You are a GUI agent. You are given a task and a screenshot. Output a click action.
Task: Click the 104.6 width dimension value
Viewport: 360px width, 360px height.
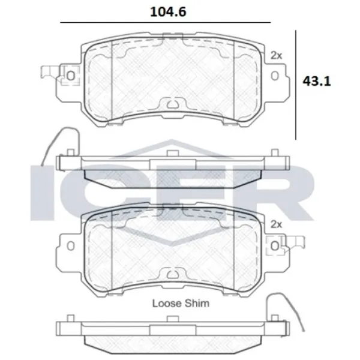(168, 12)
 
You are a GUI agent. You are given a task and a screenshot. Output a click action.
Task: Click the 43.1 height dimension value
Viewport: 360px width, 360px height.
(317, 81)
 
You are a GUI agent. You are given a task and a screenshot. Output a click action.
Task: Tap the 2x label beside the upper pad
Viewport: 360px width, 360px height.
(276, 55)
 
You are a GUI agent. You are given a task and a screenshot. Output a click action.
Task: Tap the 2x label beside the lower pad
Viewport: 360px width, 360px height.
(276, 224)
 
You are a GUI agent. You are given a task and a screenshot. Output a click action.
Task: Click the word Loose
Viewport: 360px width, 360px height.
(167, 303)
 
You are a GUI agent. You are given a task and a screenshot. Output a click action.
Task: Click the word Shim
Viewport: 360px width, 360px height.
(197, 303)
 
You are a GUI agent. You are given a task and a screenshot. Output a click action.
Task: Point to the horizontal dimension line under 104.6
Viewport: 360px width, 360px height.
(166, 23)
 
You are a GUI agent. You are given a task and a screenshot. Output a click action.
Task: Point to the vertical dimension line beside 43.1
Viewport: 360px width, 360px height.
(296, 85)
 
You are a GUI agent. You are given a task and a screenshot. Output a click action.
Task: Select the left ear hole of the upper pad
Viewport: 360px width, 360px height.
(71, 76)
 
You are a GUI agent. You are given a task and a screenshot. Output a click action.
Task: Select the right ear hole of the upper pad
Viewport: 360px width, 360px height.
(275, 76)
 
